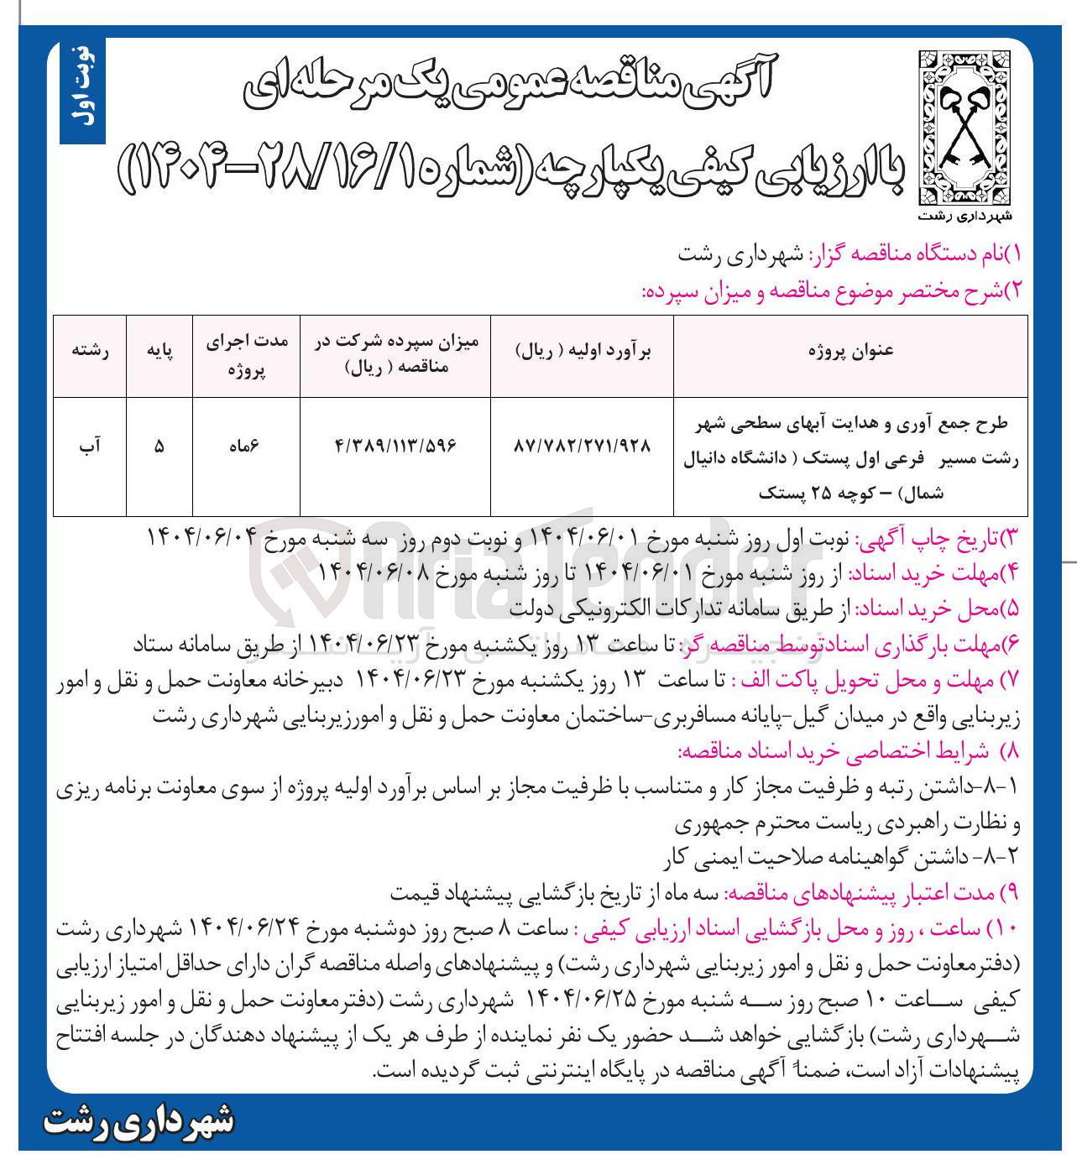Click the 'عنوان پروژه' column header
[x=850, y=351]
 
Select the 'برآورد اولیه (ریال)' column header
[x=582, y=352]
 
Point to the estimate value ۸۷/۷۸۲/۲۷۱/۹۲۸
[x=582, y=447]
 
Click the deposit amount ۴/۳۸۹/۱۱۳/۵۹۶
[x=395, y=447]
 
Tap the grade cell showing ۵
[x=159, y=447]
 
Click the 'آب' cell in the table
[x=91, y=447]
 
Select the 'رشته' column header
[x=91, y=352]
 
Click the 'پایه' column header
[x=159, y=352]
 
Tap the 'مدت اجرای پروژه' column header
[x=246, y=356]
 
